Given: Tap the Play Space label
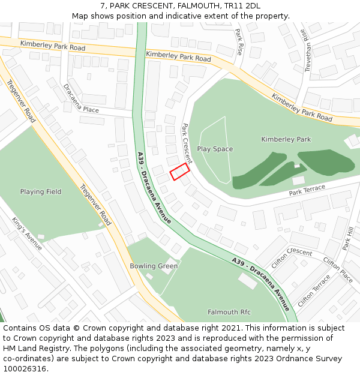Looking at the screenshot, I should (215, 149).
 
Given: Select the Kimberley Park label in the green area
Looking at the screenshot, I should (286, 139).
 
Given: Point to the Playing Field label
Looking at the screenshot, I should (41, 192).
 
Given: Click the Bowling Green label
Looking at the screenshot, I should (154, 266).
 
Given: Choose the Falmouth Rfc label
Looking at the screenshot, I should (229, 312).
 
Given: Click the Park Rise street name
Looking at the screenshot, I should (239, 41).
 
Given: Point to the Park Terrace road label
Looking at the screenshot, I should (307, 190).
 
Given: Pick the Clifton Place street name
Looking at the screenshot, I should (338, 269).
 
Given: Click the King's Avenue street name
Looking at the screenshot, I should (27, 233).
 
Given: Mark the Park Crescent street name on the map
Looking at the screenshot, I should (187, 144).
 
